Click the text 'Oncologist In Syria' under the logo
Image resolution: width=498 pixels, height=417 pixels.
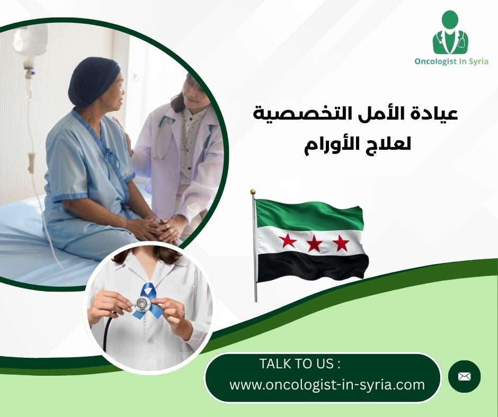[x=451, y=61]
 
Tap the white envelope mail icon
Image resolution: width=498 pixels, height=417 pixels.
[x=464, y=376]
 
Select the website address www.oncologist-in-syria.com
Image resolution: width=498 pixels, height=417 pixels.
[x=327, y=385]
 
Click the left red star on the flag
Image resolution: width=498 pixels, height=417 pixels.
[x=288, y=241]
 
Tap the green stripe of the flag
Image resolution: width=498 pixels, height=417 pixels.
[x=310, y=215]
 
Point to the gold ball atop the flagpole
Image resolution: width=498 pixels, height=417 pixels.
[x=253, y=192]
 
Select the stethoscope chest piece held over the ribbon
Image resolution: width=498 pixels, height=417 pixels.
[x=141, y=303]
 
